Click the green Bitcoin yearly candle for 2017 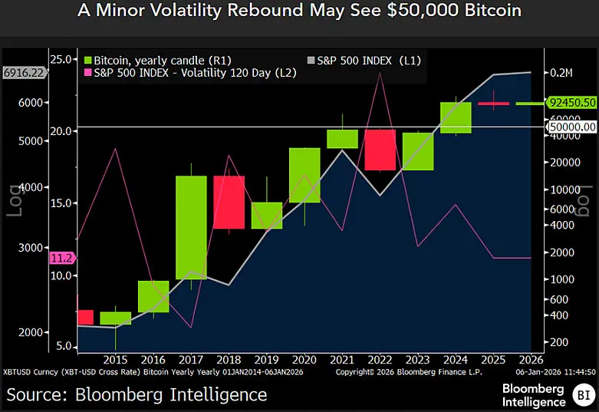point(191,227)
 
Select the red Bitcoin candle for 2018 point(228,202)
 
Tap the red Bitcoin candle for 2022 point(380,150)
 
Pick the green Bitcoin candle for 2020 point(304,175)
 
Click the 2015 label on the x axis point(115,359)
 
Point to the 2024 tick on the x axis point(456,359)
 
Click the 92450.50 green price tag point(571,102)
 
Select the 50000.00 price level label point(571,127)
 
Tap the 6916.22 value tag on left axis point(24,72)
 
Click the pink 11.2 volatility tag point(60,258)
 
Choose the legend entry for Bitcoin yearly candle point(157,60)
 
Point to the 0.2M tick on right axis point(561,73)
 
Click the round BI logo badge point(582,396)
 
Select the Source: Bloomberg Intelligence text point(137,394)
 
